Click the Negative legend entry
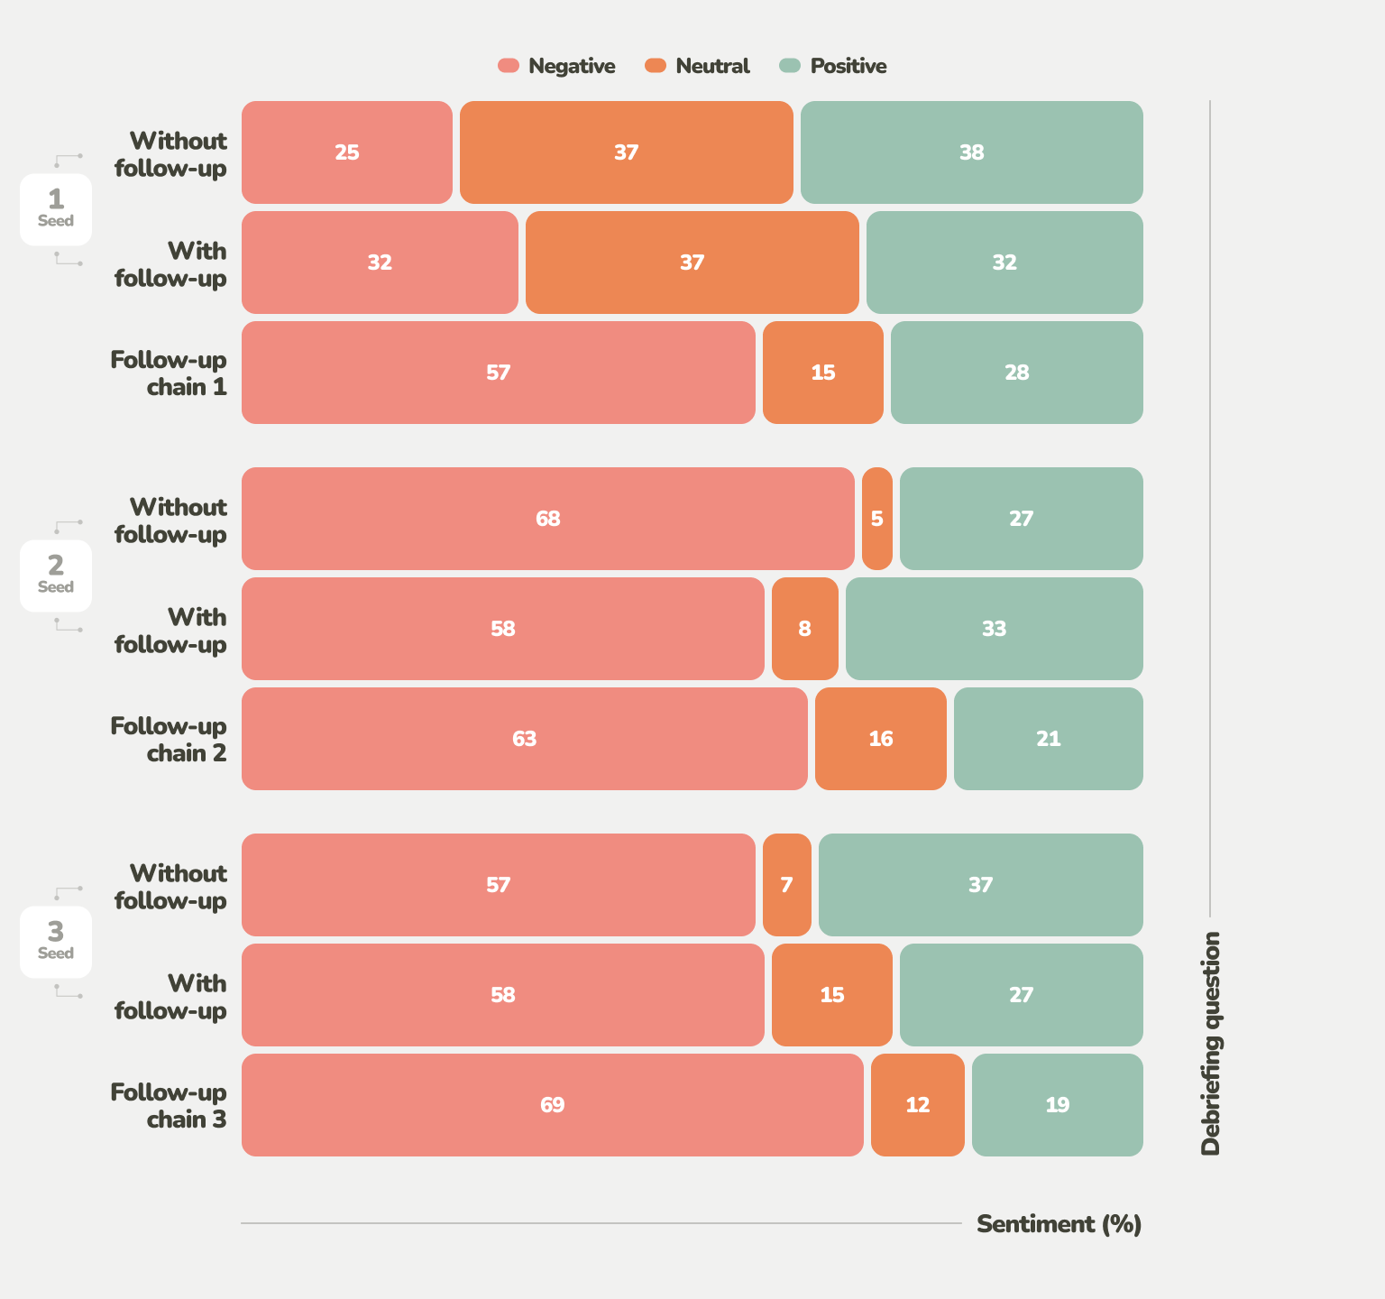pos(557,66)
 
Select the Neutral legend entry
pos(698,66)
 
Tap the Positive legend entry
pos(833,66)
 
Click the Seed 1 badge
pos(56,209)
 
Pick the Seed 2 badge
pos(56,576)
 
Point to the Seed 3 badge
pos(56,942)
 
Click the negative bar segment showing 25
pos(347,152)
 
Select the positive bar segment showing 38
pos(971,152)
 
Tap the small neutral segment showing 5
pos(876,519)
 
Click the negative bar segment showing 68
pos(547,519)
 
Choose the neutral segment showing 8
pos(804,629)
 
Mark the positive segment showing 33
pos(994,629)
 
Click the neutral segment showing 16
pos(880,739)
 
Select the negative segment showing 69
pos(552,1105)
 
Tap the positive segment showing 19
pos(1057,1105)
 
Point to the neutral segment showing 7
pos(786,885)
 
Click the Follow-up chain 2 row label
pos(170,739)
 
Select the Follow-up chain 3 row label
pos(170,1105)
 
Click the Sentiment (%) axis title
pos(1059,1224)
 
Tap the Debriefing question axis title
pos(1210,1043)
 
